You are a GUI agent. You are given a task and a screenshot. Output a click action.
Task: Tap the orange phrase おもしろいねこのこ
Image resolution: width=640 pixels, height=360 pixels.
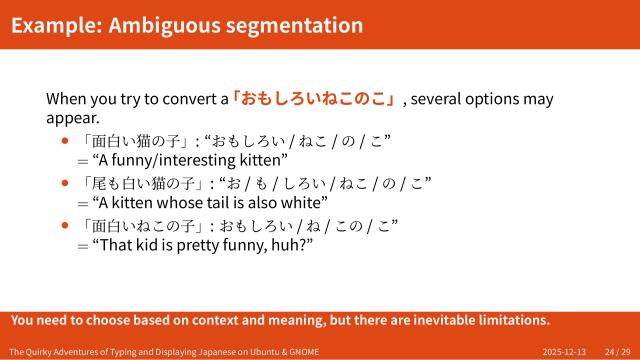tap(315, 99)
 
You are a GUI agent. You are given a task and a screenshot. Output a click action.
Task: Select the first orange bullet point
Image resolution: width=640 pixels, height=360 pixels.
tap(66, 141)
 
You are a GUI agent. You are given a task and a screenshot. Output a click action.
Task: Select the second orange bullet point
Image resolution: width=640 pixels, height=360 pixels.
tap(66, 183)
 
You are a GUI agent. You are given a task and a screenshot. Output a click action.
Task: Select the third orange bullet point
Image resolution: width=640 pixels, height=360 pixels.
tap(66, 225)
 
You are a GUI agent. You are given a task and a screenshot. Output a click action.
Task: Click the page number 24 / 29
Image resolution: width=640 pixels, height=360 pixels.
tap(617, 352)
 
